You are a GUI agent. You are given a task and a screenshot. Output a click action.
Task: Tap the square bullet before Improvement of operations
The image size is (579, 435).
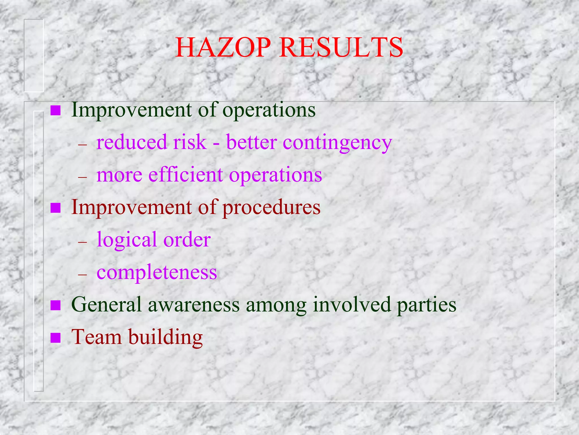[55, 110]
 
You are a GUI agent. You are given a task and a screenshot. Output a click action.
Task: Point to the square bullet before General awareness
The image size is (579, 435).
[55, 305]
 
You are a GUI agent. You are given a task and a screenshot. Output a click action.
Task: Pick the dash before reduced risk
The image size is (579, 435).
[83, 144]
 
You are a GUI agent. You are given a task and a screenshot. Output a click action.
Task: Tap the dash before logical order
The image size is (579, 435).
[83, 242]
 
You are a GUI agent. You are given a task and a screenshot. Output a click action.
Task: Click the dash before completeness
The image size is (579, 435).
[83, 274]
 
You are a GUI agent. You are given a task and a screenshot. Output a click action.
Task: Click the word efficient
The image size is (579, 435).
[185, 175]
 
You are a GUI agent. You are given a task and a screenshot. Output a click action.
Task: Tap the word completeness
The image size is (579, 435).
[157, 273]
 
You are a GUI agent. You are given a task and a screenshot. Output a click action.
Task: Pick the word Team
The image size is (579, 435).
[96, 337]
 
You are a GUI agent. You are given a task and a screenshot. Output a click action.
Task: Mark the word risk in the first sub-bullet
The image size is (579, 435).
[190, 142]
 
